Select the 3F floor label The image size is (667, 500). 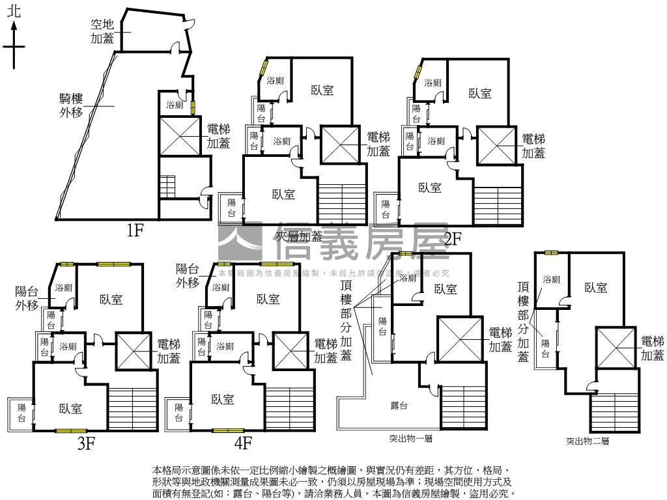(x=87, y=443)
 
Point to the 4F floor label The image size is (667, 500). (x=243, y=443)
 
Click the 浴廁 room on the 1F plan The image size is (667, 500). (x=175, y=105)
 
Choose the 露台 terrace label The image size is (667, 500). (x=399, y=406)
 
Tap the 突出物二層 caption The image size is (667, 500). (x=587, y=441)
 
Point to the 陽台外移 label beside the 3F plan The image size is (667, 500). (x=28, y=299)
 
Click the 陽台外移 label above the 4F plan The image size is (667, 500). (x=188, y=275)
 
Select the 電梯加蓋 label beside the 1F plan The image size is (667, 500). (x=218, y=136)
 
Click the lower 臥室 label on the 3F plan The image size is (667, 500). (x=70, y=408)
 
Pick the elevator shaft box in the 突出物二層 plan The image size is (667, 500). (x=616, y=346)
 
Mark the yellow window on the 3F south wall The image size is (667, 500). (x=71, y=430)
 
